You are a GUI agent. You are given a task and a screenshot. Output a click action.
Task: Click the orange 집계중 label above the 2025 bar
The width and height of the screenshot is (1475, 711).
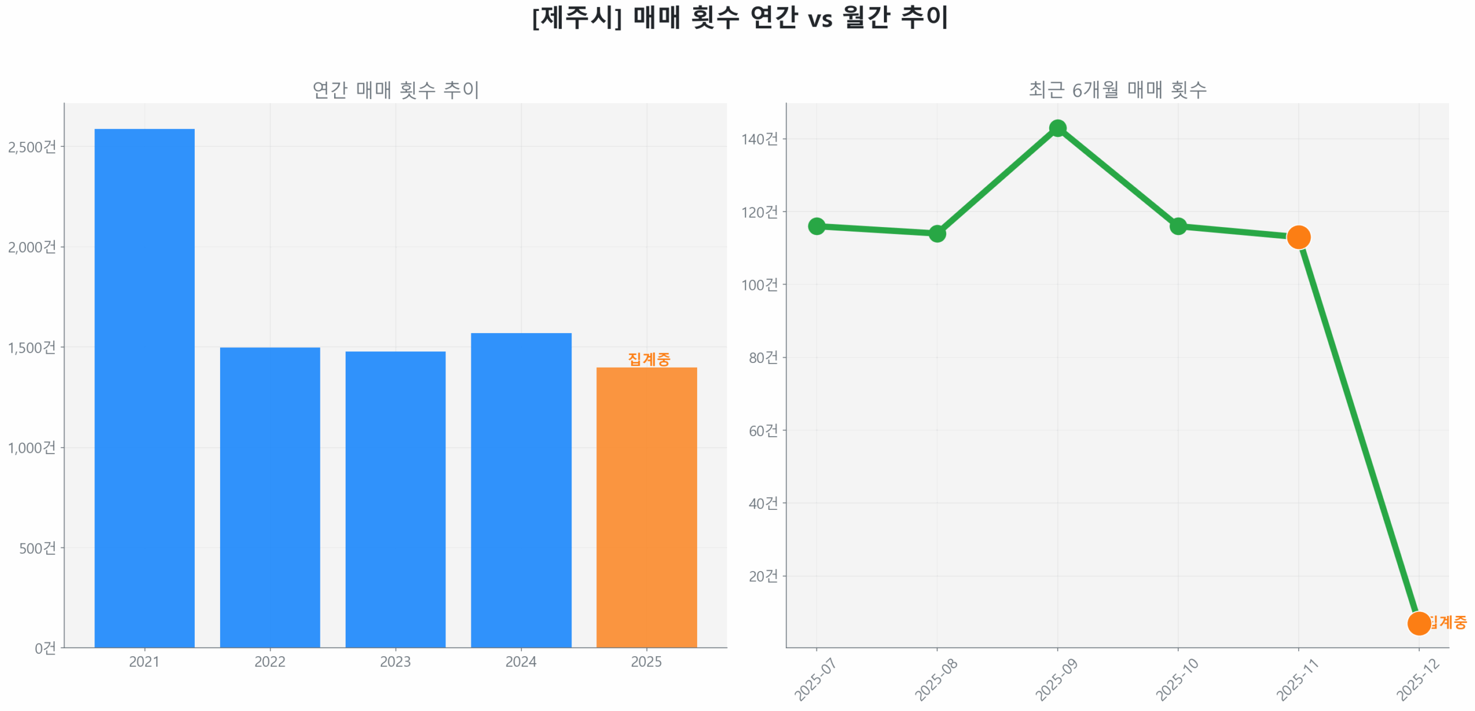[649, 358]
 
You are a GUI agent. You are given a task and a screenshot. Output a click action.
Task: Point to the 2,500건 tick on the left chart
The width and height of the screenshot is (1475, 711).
[32, 146]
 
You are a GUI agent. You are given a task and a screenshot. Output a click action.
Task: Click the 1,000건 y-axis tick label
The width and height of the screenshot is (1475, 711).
[32, 447]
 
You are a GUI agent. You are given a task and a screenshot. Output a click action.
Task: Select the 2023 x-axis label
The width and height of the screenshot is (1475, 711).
[395, 661]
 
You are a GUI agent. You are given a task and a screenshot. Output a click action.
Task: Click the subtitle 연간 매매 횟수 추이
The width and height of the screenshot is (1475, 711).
[395, 89]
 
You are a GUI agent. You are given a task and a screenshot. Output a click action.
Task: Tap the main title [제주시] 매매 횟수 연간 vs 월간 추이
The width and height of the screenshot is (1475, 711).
[739, 17]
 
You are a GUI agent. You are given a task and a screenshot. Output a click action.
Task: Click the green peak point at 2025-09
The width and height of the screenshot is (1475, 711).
[1057, 128]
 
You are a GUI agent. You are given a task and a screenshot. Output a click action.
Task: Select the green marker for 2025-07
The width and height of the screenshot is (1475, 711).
[816, 226]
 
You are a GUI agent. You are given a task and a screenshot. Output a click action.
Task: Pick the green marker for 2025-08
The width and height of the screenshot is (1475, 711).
[937, 233]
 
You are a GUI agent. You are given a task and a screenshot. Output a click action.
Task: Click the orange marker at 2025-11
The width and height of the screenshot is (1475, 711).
[1298, 237]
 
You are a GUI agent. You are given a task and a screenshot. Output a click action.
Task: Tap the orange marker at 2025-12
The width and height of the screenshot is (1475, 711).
[1419, 623]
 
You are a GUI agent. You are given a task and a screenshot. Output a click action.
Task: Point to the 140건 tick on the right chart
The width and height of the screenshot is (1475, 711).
[759, 139]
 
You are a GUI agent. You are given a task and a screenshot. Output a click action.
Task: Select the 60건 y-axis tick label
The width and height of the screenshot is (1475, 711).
[763, 430]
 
